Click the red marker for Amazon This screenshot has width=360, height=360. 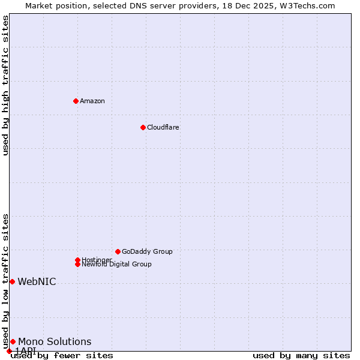[76, 101]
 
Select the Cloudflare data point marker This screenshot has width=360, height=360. [143, 127]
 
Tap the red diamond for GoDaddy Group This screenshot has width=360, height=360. [118, 251]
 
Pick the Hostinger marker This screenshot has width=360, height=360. [77, 260]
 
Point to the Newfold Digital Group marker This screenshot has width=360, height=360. [77, 264]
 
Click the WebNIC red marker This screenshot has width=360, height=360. [12, 281]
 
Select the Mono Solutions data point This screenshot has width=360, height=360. [13, 341]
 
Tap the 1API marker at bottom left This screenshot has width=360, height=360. [9, 351]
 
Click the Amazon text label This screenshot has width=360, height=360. [92, 101]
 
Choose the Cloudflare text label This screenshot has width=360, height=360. [163, 127]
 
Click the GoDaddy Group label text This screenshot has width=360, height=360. [147, 251]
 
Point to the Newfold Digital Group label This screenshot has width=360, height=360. [116, 264]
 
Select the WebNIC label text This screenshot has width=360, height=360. [37, 281]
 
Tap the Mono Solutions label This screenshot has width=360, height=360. [55, 341]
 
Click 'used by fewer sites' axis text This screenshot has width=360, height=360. [62, 355]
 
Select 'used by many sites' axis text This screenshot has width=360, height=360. [301, 355]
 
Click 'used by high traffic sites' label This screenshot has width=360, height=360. [5, 85]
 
